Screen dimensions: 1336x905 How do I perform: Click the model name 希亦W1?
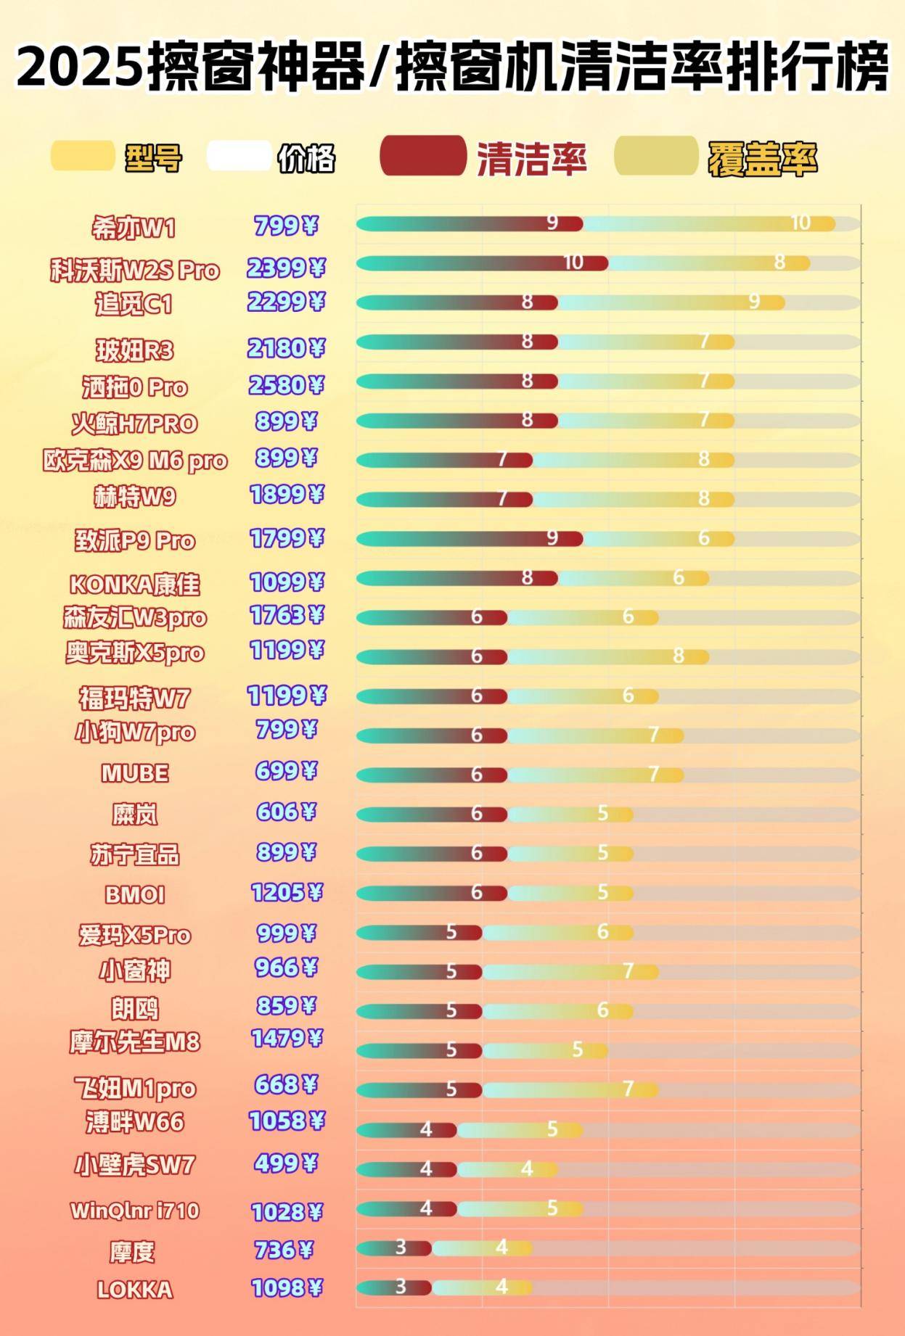[x=134, y=228]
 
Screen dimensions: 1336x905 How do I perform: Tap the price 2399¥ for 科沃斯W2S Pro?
[x=286, y=268]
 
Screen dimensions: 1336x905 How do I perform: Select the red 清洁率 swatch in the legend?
[x=423, y=156]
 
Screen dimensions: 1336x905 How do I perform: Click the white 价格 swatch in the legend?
[x=239, y=156]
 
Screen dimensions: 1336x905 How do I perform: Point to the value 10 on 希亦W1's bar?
[x=800, y=223]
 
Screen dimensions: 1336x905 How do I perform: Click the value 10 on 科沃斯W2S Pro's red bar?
[x=573, y=263]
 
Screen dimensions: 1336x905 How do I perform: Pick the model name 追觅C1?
[x=134, y=304]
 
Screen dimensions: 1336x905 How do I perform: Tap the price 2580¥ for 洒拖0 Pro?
[x=286, y=384]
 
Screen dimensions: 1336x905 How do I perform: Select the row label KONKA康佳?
[x=134, y=584]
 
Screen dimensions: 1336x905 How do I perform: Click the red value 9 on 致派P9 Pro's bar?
[x=552, y=537]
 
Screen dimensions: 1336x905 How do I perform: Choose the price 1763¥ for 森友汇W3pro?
[x=286, y=616]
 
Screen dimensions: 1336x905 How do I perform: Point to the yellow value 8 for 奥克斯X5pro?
[x=678, y=656]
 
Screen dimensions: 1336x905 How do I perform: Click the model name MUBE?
[x=135, y=773]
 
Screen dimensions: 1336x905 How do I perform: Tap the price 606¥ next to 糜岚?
[x=286, y=812]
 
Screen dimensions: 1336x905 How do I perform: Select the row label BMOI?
[x=135, y=894]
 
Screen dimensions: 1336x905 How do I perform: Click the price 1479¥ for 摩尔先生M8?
[x=286, y=1039]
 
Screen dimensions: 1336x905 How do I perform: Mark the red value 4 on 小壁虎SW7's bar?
[x=426, y=1168]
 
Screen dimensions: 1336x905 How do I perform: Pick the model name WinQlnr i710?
[x=135, y=1211]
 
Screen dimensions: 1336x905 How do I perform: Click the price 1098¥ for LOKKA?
[x=286, y=1288]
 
